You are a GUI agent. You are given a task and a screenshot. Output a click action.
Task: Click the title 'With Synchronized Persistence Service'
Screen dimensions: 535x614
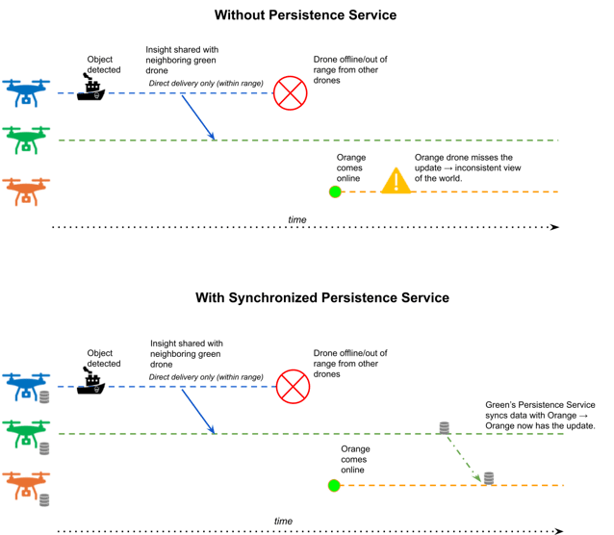coord(322,297)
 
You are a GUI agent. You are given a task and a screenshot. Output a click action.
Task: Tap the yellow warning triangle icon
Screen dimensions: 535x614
coord(396,181)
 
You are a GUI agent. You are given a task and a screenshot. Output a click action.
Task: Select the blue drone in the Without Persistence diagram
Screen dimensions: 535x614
coord(26,92)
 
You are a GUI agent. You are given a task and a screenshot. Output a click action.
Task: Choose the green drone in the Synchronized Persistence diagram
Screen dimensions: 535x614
coord(24,433)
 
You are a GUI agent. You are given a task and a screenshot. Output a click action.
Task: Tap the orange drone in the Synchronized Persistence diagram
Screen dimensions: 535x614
coord(24,484)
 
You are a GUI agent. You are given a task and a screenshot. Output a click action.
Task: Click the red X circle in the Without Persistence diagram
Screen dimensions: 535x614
coord(290,93)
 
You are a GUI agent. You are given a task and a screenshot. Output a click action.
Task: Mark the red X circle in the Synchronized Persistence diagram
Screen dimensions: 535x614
coord(293,387)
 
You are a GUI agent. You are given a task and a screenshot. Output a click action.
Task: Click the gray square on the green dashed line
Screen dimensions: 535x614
coord(444,427)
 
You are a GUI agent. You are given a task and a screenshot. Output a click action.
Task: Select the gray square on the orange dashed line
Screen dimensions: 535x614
coord(489,477)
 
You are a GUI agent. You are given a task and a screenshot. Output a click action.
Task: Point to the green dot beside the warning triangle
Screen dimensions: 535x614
coord(335,191)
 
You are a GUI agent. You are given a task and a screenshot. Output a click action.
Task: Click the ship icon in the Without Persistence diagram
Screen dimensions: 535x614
coord(91,89)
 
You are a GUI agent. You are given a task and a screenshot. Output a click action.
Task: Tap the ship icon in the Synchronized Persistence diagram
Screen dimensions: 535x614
coord(91,381)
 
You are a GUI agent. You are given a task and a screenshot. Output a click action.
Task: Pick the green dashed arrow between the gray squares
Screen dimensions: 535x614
coord(465,452)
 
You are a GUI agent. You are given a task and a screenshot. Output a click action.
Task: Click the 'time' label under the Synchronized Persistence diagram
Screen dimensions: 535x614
coord(283,521)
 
